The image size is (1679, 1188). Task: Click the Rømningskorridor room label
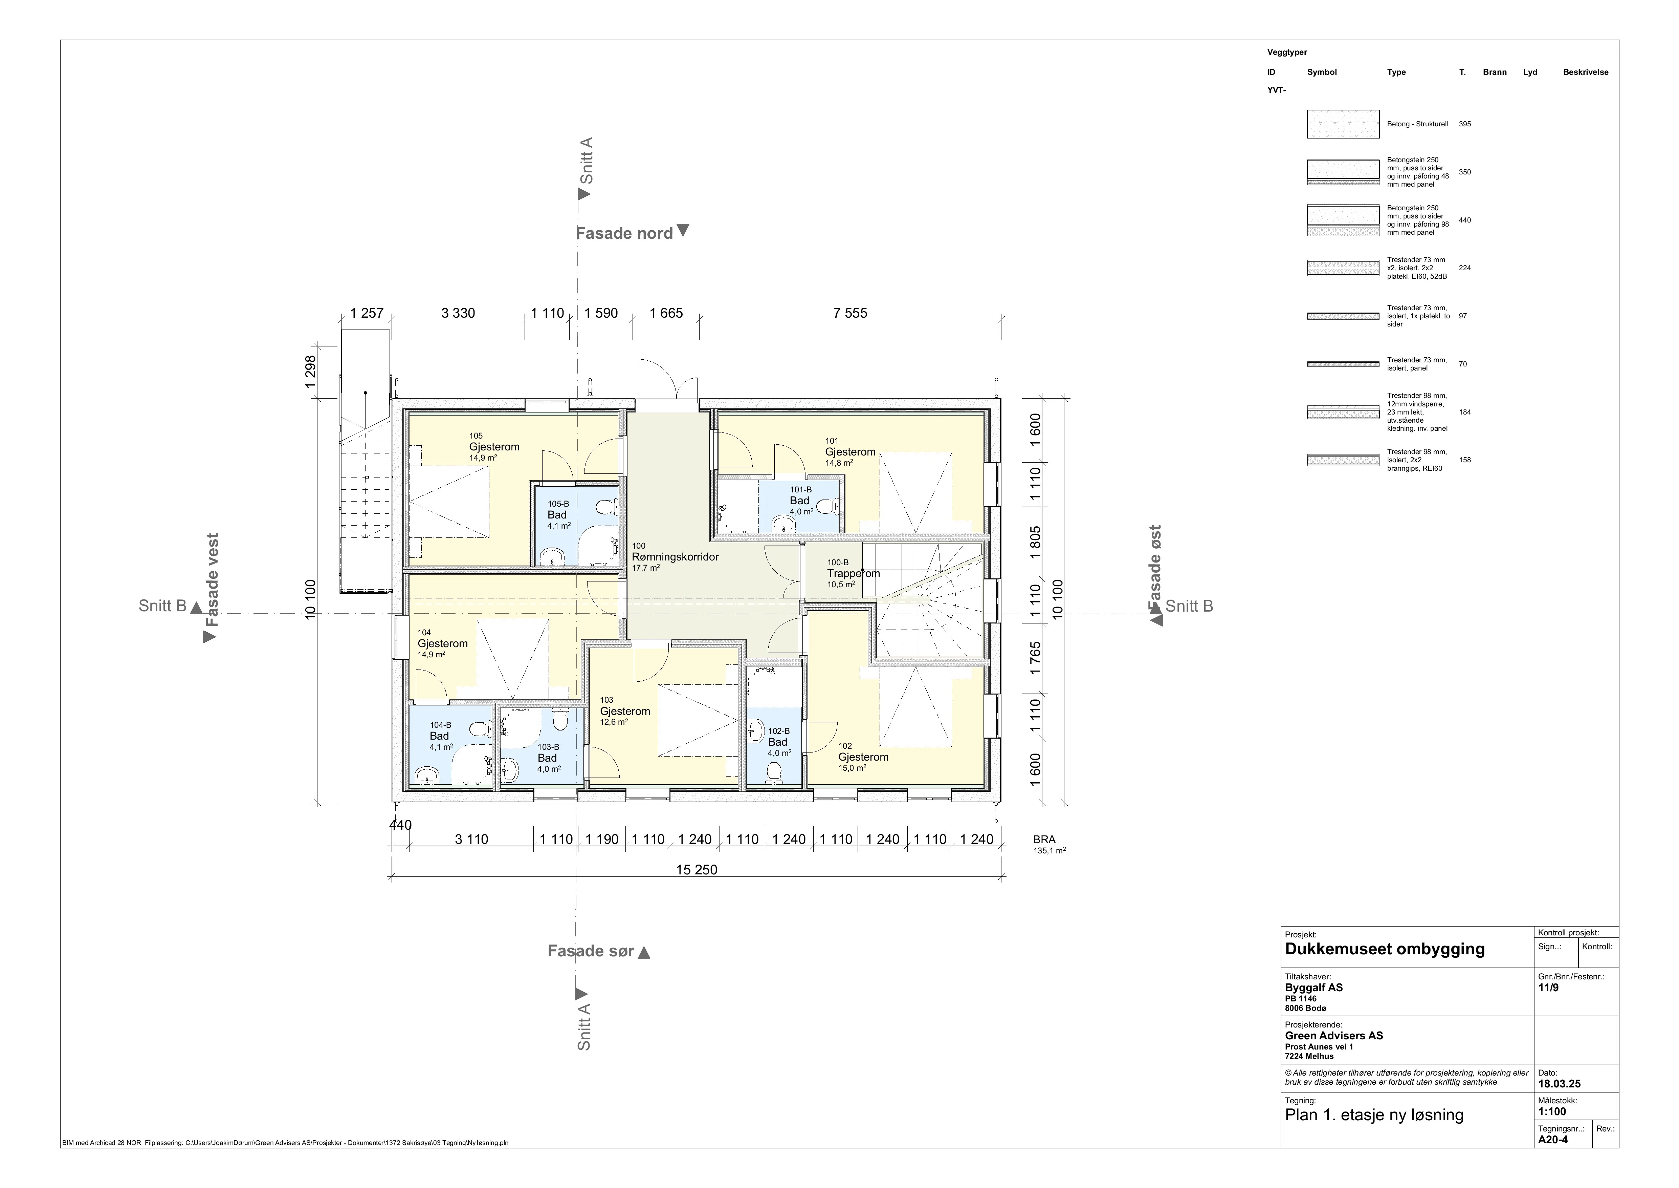coord(675,557)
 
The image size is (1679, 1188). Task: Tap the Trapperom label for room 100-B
coord(854,574)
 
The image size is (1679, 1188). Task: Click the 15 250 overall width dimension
coord(696,870)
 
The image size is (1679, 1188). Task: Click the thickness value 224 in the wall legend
coord(1465,268)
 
